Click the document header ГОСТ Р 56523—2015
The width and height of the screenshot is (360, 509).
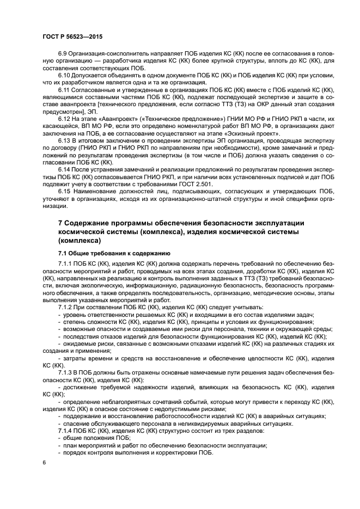point(72,36)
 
